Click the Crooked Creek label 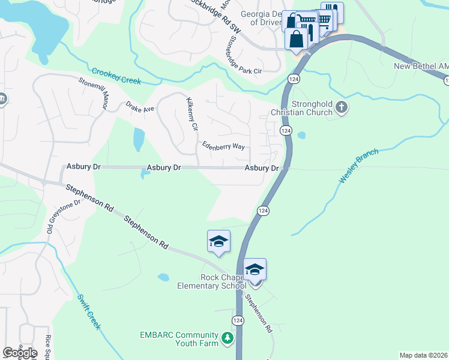click(x=116, y=76)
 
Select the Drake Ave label click(x=140, y=107)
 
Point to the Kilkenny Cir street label click(x=191, y=115)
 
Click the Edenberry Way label click(x=223, y=146)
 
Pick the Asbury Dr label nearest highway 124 click(x=262, y=169)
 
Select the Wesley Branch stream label click(x=359, y=167)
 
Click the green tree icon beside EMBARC click(x=227, y=338)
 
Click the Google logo click(x=20, y=352)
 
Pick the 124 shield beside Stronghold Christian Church click(x=286, y=130)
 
